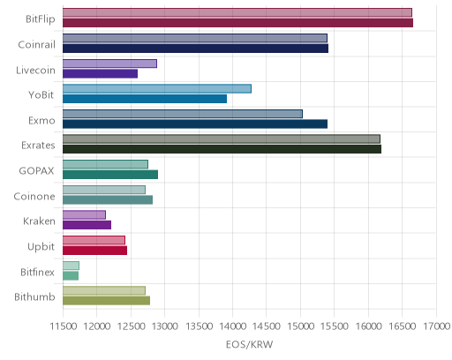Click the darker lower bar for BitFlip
[237, 23]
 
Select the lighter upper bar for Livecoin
[109, 64]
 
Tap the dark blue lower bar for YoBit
[145, 99]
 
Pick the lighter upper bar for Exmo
[183, 114]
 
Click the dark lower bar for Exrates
[222, 149]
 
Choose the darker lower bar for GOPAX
[110, 175]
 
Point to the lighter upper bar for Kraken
[84, 214]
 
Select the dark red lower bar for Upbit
[94, 251]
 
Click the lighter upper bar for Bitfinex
[71, 266]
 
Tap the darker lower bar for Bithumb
[106, 301]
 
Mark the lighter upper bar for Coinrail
[195, 38]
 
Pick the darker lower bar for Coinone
[108, 199]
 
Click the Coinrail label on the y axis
[36, 45]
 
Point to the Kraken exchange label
[39, 221]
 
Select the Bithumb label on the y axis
[34, 296]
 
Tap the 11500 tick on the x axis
[64, 326]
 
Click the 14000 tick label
[233, 326]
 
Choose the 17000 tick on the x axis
[437, 326]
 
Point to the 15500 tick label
[335, 326]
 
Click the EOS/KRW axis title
[250, 344]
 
